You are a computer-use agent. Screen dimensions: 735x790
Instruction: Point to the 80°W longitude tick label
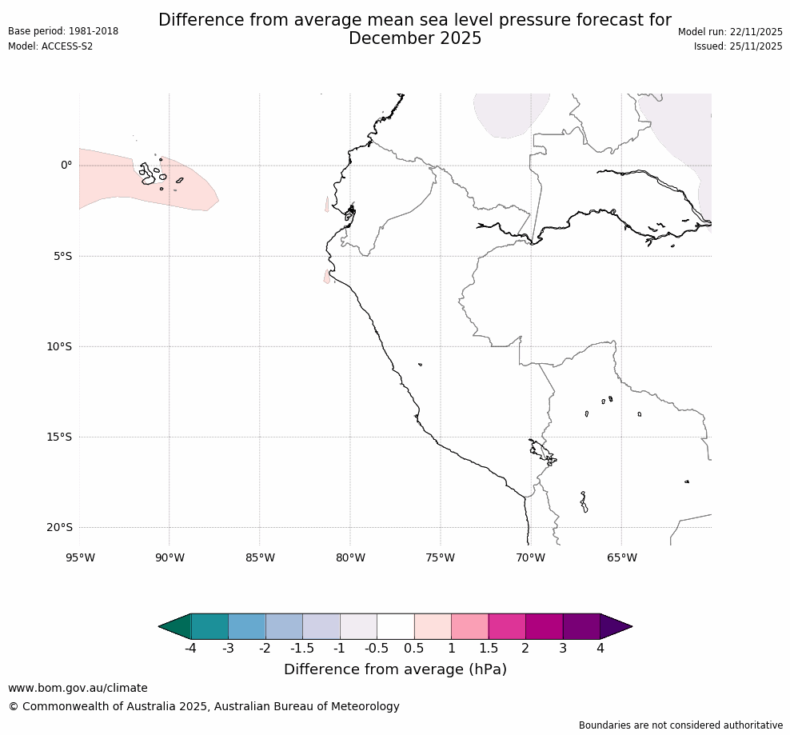(350, 557)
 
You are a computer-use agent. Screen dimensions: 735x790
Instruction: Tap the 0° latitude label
(66, 166)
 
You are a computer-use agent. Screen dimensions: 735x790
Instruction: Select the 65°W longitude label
(621, 557)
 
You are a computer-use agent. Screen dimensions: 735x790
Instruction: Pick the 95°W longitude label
(79, 557)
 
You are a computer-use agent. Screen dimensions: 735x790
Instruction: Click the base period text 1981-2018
(94, 31)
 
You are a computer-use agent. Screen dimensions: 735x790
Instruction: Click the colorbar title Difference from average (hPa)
(395, 669)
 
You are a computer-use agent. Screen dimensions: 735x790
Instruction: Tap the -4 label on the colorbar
(190, 648)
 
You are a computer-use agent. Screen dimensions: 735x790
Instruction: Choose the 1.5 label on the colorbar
(488, 648)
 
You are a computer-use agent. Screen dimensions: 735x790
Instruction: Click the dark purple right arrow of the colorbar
(615, 627)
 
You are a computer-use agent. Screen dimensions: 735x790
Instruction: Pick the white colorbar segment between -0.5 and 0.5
(395, 627)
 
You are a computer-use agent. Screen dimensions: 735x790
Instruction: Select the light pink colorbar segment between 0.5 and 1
(433, 627)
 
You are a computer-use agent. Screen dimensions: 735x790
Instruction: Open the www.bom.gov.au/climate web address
(78, 688)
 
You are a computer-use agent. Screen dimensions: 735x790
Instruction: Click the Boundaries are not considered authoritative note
(680, 725)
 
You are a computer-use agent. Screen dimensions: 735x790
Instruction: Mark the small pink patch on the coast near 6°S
(327, 277)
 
